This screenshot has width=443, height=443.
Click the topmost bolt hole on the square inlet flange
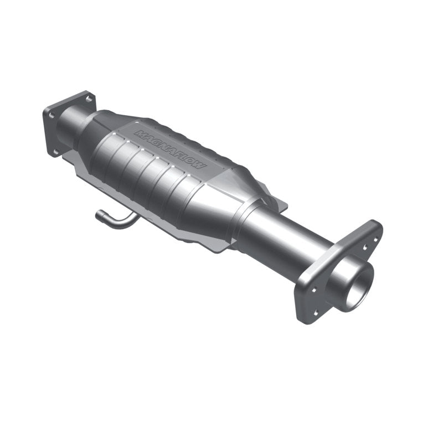pyautogui.click(x=87, y=100)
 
